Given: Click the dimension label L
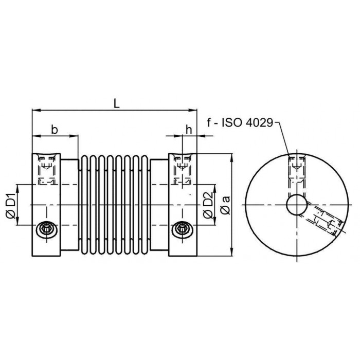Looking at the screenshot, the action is pos(117,104).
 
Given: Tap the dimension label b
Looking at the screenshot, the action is pos(54,130).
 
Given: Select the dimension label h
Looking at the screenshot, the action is pos(189,130).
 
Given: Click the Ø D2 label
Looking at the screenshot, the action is pos(208,205).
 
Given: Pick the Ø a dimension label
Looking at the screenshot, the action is pos(226,205).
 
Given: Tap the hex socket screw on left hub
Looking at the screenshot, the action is pos(47,229).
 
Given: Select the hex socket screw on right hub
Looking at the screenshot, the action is pos(182,229).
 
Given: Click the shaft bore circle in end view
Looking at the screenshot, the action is pos(297,205).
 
